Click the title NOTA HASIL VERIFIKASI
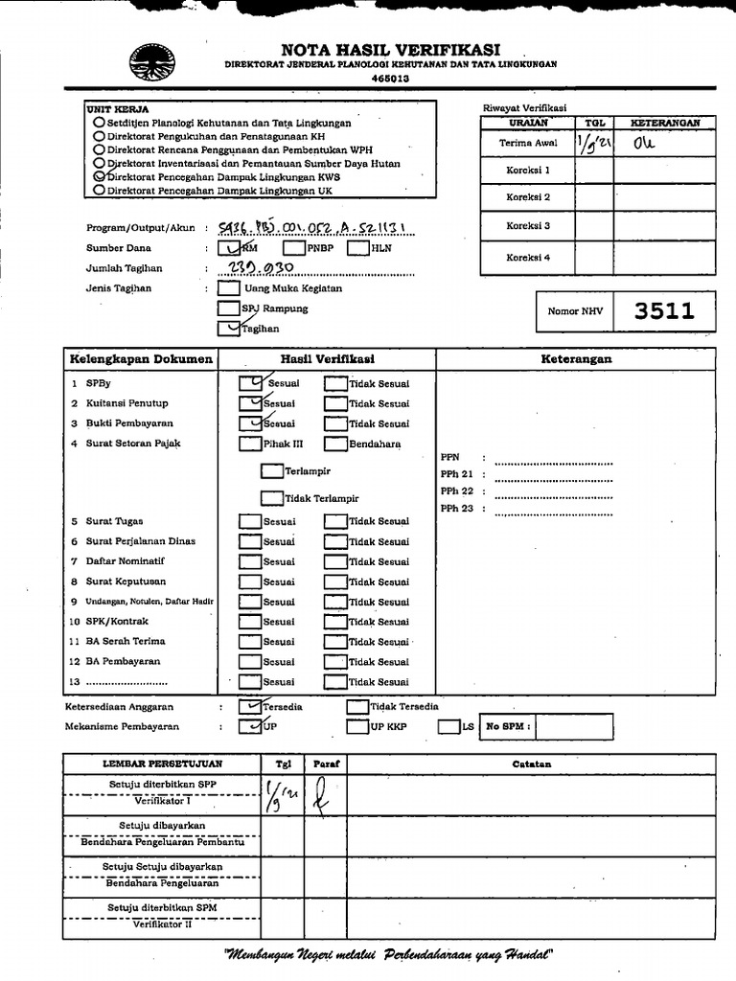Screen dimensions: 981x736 pos(390,49)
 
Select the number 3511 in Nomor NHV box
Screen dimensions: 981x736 pos(663,310)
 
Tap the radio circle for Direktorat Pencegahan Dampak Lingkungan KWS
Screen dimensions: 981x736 pos(100,177)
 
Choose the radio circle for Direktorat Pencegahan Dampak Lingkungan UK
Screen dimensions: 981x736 pos(100,191)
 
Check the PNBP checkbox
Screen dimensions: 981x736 pos(293,248)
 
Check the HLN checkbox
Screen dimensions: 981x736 pos(357,248)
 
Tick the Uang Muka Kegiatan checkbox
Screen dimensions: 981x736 pos(229,287)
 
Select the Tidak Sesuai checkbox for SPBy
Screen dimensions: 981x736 pos(335,383)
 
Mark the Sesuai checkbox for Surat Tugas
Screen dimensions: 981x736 pos(250,522)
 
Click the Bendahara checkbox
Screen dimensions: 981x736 pos(335,444)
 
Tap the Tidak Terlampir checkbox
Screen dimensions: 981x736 pos(272,498)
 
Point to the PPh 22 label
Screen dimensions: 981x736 pos(457,491)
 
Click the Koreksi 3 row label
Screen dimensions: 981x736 pos(528,227)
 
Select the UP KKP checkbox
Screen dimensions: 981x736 pos(357,727)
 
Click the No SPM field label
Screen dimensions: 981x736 pos(508,727)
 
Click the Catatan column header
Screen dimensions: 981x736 pos(530,764)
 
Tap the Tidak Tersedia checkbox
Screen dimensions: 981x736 pos(357,707)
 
